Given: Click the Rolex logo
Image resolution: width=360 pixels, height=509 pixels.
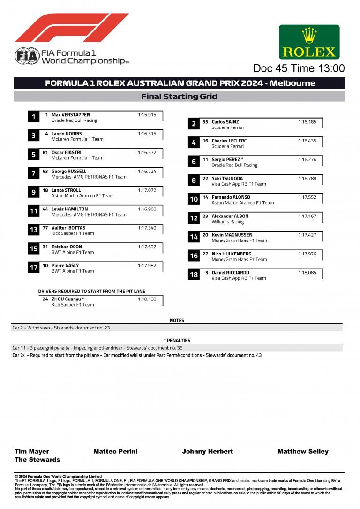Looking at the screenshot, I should point(309,42).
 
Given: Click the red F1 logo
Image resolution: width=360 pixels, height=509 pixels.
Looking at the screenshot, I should point(72,28).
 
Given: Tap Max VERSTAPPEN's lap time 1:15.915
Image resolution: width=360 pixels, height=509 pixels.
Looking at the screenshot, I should point(147,115).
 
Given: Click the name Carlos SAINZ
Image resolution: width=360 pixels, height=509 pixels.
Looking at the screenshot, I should point(225,122).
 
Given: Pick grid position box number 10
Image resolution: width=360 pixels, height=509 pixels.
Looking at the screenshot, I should point(194,200).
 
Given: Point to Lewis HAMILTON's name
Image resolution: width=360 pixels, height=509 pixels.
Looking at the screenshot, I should point(69,209).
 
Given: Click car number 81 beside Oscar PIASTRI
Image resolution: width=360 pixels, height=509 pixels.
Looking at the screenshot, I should point(45,152).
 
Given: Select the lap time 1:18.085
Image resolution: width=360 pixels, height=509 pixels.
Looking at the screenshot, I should point(307,273).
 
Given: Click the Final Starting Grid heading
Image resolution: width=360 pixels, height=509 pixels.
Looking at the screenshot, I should point(179,97).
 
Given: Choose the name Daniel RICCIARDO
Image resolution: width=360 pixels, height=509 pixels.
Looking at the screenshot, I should point(230,273).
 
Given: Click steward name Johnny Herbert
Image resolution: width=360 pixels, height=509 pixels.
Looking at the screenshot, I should point(207,451).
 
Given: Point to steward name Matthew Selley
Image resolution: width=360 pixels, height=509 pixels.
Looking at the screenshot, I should point(303,451).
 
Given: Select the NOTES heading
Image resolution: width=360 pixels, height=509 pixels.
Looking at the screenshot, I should point(177,321).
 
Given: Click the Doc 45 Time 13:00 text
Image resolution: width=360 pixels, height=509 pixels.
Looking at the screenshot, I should point(299,68).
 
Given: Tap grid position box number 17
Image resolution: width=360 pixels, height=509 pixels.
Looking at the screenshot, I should point(33,268).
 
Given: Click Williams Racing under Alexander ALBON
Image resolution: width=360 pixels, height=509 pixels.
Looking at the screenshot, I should point(227,222).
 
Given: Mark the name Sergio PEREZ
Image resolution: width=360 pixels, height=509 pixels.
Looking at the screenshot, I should point(226,159).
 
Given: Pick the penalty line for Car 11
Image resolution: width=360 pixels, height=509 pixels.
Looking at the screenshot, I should point(97,348).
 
